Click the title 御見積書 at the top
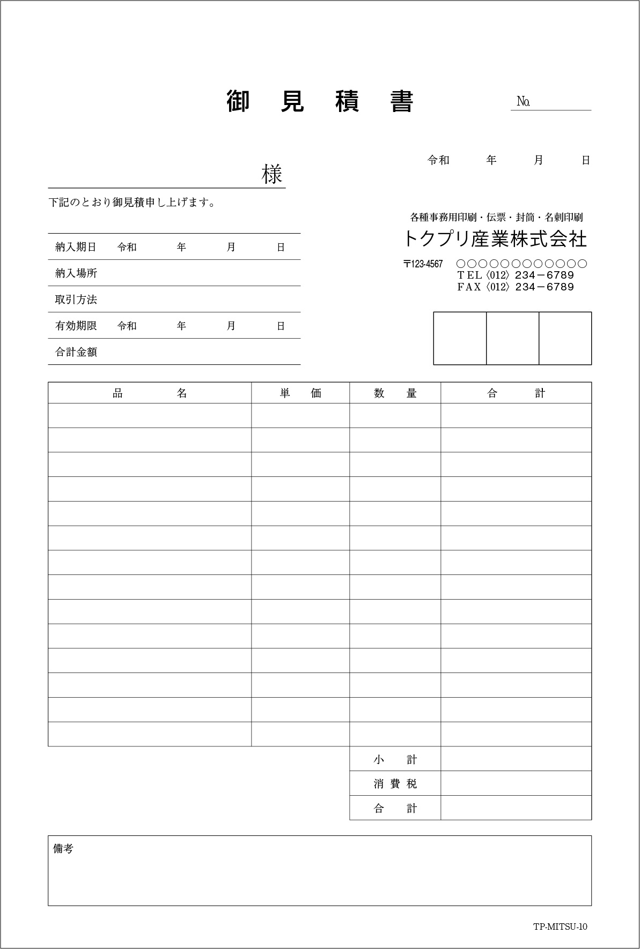coord(320,101)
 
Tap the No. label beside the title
coord(523,101)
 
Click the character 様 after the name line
coord(272,174)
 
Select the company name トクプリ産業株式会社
coord(495,239)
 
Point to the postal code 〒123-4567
coord(423,264)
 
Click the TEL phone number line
coord(515,275)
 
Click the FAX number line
coord(515,287)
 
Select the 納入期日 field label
coord(76,247)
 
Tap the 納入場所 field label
coord(76,273)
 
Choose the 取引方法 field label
coord(76,300)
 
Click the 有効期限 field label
coord(76,326)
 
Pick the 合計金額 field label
coord(76,352)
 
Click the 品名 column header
coord(150,393)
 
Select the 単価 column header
coord(300,393)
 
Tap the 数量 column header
coord(395,393)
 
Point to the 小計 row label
coord(395,759)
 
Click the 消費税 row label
coord(395,784)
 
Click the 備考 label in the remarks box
coord(63,849)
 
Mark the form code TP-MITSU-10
coord(560,927)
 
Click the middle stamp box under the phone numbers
coord(512,338)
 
